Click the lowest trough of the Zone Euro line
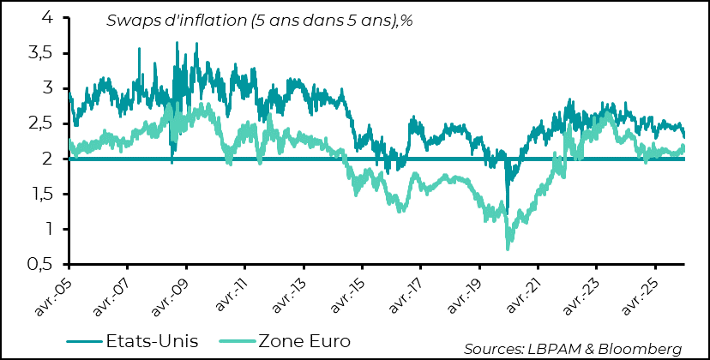508,249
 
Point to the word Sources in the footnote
491,348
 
